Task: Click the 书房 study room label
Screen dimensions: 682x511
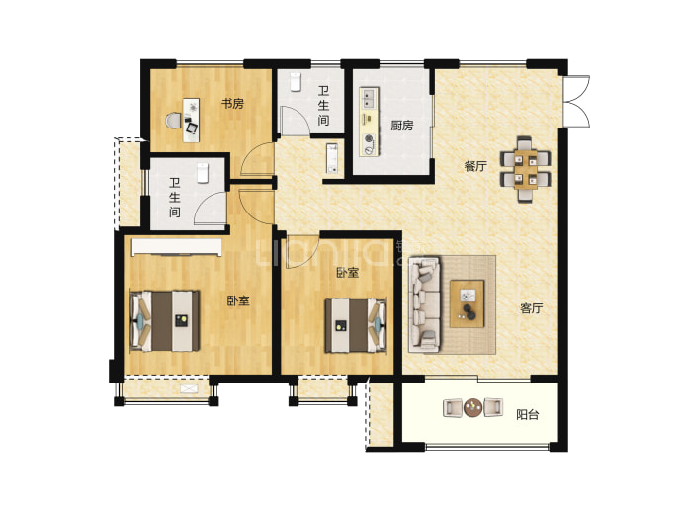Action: tap(232, 104)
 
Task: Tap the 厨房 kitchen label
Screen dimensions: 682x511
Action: tap(401, 126)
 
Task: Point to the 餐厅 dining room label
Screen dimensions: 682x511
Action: tap(475, 166)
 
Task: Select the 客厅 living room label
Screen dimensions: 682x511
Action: tap(531, 308)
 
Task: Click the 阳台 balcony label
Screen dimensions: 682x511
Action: tap(527, 414)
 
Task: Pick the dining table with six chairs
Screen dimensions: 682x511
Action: tap(526, 169)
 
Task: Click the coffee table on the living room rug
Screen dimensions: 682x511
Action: tap(468, 303)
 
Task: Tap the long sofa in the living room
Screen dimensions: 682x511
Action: tap(424, 304)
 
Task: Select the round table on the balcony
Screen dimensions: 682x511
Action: tap(472, 408)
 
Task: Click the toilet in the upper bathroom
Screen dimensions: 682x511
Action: tap(296, 82)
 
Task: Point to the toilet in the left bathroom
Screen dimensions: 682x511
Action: tap(203, 173)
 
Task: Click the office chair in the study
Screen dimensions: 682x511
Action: tap(174, 121)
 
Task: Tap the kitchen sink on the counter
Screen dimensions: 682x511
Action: tap(369, 98)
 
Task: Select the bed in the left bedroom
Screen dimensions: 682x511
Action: tap(165, 321)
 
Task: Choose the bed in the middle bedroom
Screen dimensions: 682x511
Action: tap(356, 325)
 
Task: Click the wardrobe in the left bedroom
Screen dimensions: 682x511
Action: tap(177, 246)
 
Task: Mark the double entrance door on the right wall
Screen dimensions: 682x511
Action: tap(575, 102)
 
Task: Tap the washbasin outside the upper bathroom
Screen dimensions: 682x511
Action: tap(332, 158)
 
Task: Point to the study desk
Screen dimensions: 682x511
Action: tap(191, 120)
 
